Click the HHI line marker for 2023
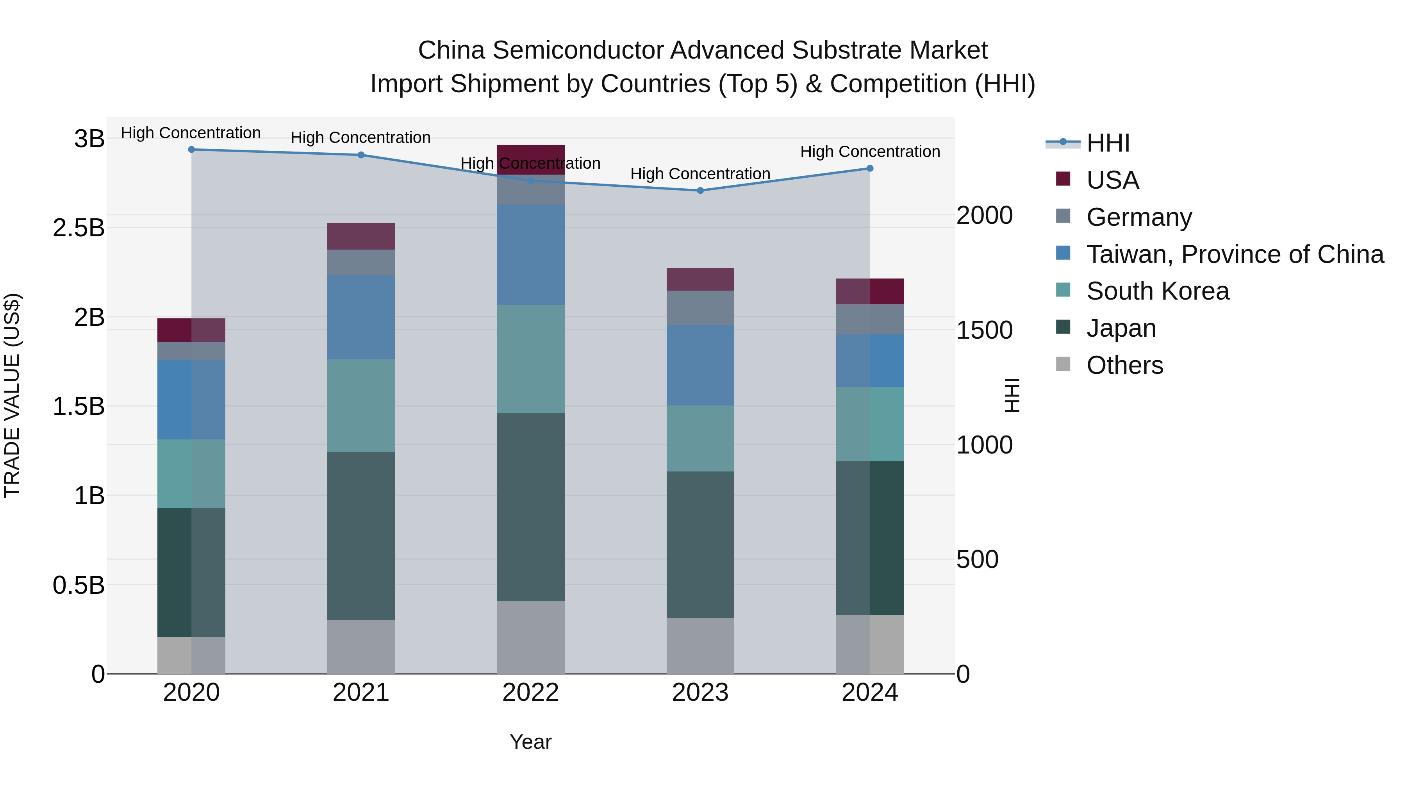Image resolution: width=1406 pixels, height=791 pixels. tap(700, 191)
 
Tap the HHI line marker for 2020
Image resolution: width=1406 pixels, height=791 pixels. tap(192, 150)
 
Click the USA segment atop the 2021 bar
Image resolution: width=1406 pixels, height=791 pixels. tap(361, 236)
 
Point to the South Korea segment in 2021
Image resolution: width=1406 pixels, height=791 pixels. tap(361, 405)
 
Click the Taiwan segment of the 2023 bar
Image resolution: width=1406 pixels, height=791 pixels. tap(700, 365)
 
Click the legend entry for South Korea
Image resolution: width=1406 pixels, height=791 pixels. tap(1157, 291)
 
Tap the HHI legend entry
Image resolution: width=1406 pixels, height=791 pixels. tap(1108, 143)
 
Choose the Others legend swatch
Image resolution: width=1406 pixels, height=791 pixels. tap(1063, 364)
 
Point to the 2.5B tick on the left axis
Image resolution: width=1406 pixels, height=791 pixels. tap(79, 228)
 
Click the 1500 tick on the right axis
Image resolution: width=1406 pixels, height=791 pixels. tap(984, 330)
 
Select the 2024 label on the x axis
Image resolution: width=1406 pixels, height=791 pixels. tap(869, 693)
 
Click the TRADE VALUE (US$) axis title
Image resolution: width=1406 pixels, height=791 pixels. tap(12, 395)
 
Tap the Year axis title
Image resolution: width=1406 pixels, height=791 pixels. tap(530, 742)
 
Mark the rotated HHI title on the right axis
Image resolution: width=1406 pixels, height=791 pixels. tap(1012, 395)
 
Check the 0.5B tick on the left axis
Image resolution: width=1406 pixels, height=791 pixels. tap(79, 585)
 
